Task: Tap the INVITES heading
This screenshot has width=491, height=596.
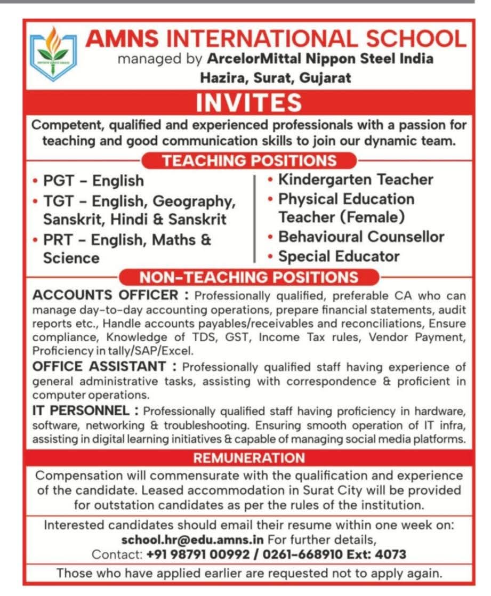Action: click(x=248, y=103)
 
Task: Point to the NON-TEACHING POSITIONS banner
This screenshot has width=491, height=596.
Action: click(x=249, y=277)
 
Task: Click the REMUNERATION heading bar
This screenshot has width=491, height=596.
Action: click(x=249, y=458)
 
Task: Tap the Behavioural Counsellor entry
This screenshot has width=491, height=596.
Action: click(x=361, y=236)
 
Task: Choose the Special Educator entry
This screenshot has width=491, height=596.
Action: click(x=339, y=256)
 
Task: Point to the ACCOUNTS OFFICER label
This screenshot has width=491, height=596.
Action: click(x=104, y=295)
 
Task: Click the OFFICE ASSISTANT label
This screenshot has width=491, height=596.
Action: click(x=99, y=367)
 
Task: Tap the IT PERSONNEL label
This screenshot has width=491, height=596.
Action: click(x=81, y=410)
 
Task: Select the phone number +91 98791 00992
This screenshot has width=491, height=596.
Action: click(x=198, y=554)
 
